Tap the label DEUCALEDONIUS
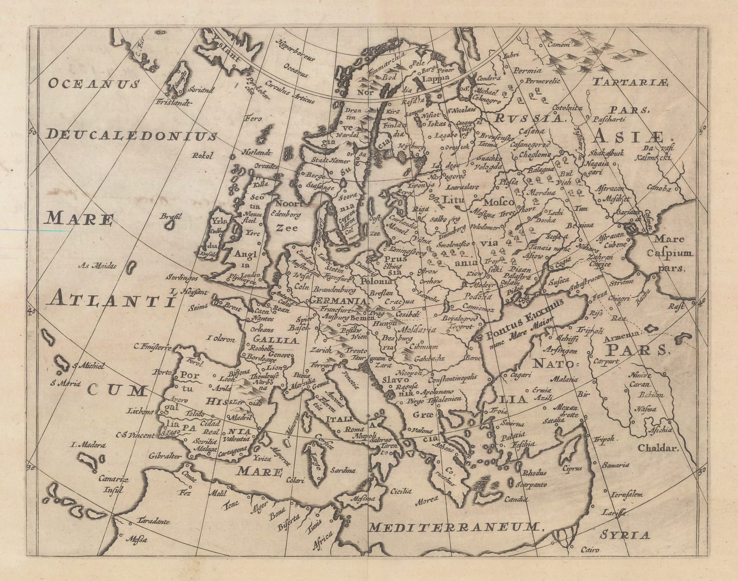coord(132,134)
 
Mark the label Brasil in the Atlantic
coord(170,216)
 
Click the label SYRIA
coord(625,535)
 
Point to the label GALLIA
coord(269,338)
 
